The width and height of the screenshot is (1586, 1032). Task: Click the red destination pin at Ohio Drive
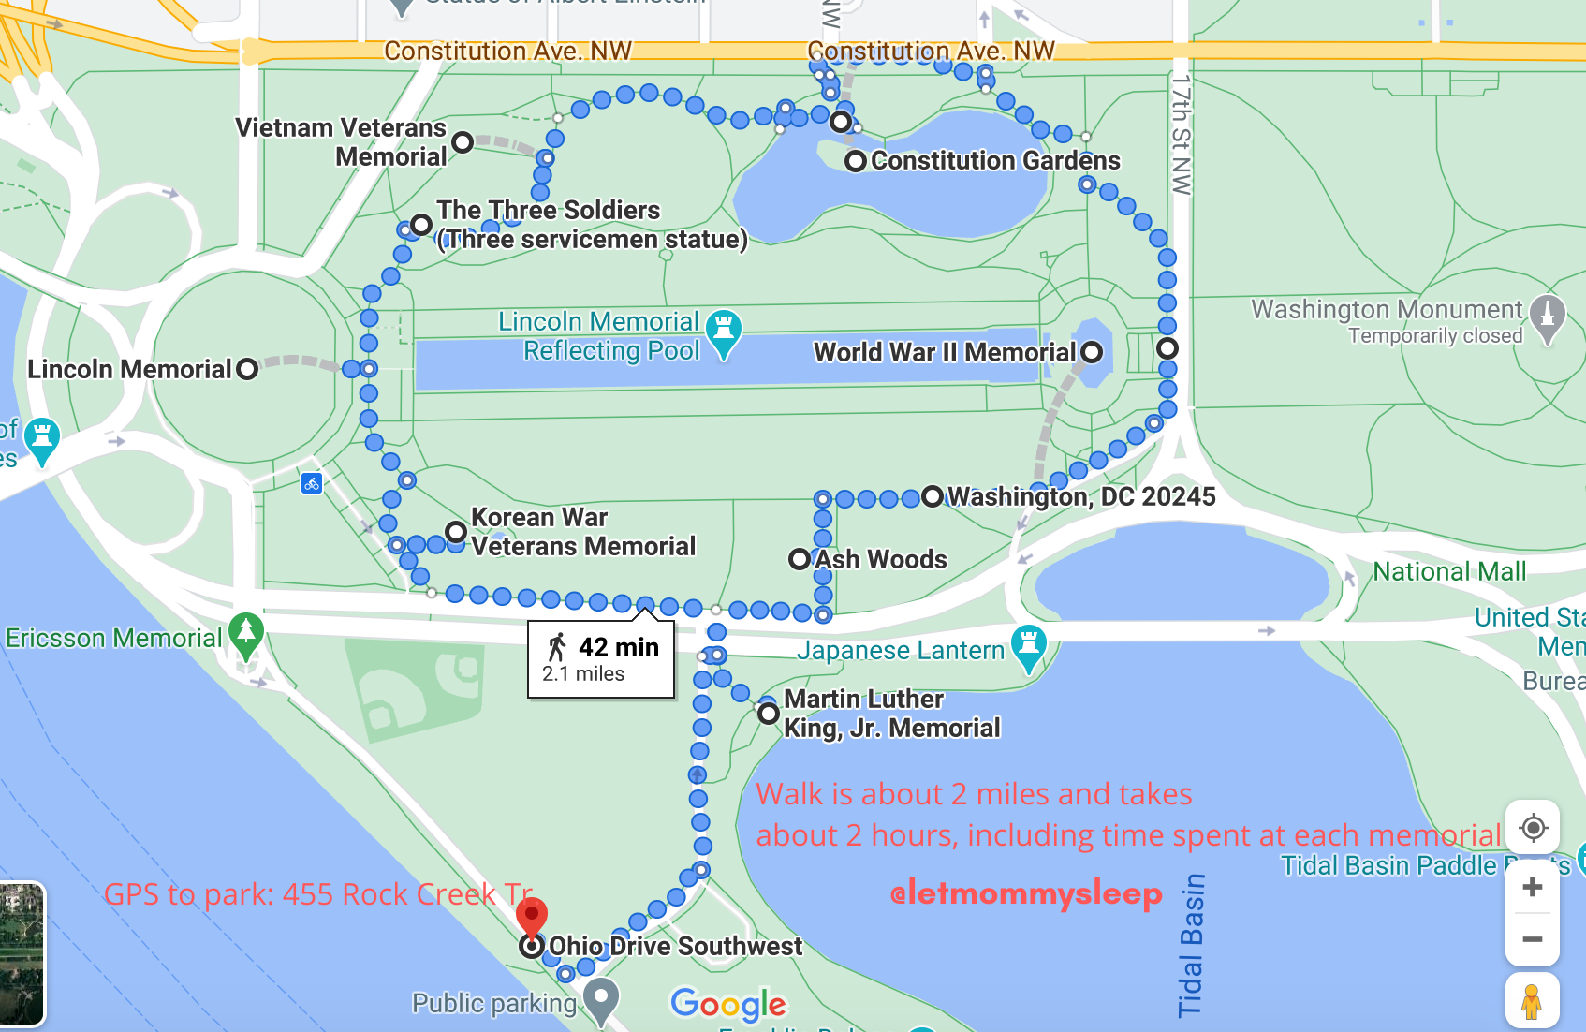(x=532, y=916)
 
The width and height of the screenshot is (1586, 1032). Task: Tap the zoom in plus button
(x=1533, y=887)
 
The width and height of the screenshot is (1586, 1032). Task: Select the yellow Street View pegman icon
(x=1532, y=1001)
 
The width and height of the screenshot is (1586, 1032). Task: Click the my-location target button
(x=1533, y=828)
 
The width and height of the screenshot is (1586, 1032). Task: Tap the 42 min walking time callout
(x=601, y=659)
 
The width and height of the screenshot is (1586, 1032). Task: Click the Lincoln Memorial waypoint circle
(x=247, y=369)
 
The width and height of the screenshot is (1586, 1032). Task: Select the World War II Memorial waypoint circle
(x=1092, y=352)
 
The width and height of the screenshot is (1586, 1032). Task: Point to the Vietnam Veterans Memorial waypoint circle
(x=463, y=142)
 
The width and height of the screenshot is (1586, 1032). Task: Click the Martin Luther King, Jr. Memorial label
(x=891, y=714)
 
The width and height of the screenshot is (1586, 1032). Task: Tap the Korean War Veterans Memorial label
(x=583, y=532)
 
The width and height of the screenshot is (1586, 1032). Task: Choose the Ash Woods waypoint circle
(x=800, y=560)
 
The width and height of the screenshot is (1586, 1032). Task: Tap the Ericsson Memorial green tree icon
(x=246, y=633)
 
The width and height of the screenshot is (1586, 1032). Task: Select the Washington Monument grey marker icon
(x=1547, y=316)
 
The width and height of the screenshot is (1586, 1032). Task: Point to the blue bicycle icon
(x=312, y=483)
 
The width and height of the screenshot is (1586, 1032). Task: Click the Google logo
(x=728, y=1005)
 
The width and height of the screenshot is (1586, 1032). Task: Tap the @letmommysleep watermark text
(x=1026, y=894)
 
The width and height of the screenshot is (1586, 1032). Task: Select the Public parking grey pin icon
(x=601, y=998)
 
